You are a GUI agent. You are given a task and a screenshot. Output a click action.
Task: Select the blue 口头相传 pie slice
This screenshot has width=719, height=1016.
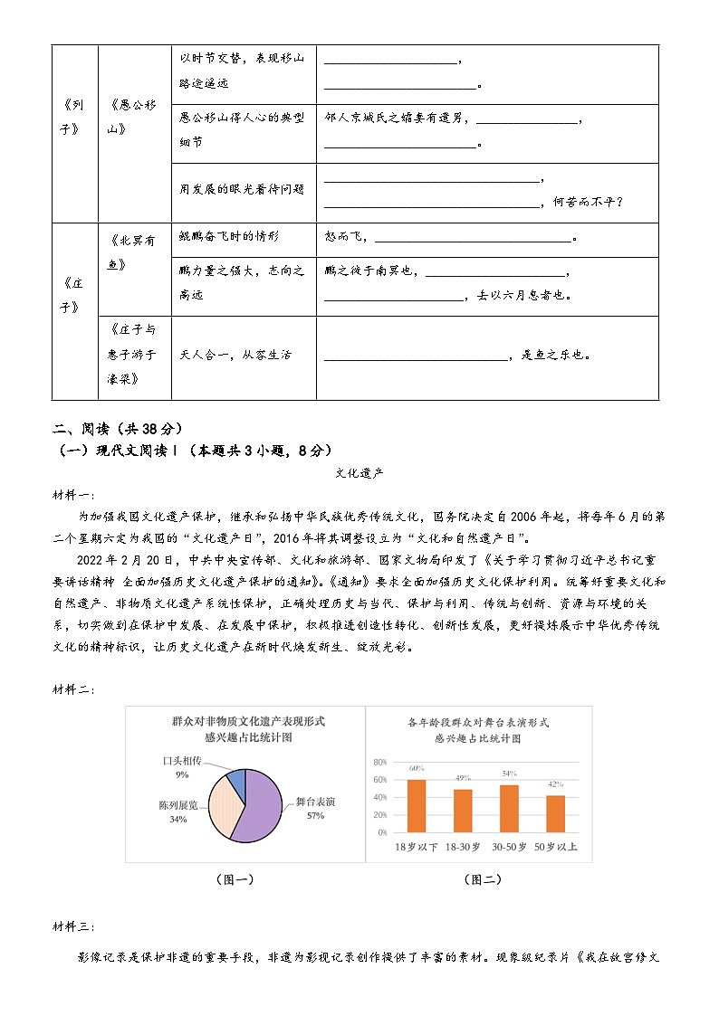tap(236, 780)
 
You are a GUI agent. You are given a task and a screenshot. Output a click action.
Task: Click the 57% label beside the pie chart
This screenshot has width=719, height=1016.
tap(315, 816)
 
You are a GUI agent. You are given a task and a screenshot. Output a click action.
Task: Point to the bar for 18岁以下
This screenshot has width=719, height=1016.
tap(417, 805)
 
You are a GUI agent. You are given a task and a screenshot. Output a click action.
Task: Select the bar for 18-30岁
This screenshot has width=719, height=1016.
tap(463, 811)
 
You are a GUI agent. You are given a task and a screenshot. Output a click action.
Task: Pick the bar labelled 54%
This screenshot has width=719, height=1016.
tap(509, 808)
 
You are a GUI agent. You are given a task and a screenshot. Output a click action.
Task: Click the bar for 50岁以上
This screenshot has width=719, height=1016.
tap(555, 813)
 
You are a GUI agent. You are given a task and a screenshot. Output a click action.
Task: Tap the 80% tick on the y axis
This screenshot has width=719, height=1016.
tap(380, 762)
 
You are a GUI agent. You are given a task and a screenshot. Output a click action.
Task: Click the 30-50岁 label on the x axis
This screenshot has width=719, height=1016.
tap(509, 848)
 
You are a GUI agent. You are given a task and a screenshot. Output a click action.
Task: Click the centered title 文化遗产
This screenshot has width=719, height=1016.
tap(359, 472)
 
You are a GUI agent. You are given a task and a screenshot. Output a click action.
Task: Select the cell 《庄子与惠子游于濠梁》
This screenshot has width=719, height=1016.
tap(133, 354)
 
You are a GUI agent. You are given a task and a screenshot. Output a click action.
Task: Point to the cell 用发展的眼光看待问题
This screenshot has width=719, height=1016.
tap(243, 189)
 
